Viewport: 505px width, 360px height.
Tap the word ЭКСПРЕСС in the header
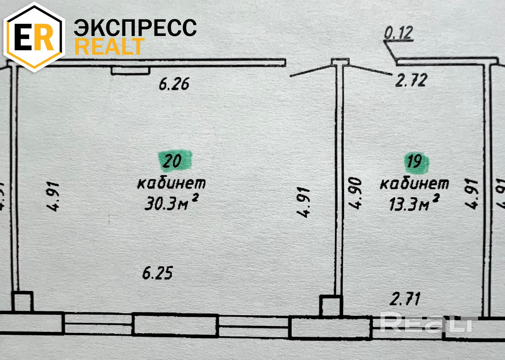coord(135,28)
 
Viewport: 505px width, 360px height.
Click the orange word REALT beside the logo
coord(109,47)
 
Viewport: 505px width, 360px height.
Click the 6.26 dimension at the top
coord(174,84)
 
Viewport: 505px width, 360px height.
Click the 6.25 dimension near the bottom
coord(157,273)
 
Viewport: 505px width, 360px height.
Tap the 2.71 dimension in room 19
coord(405,299)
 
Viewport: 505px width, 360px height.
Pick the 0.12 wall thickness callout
coord(398,33)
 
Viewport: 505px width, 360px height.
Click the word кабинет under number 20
coord(171,183)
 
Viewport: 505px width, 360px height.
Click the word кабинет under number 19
coord(414,184)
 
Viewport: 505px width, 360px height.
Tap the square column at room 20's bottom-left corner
coord(22,301)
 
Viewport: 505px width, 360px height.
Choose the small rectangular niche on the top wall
coord(130,70)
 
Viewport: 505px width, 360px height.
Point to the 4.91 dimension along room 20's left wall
coord(53,196)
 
